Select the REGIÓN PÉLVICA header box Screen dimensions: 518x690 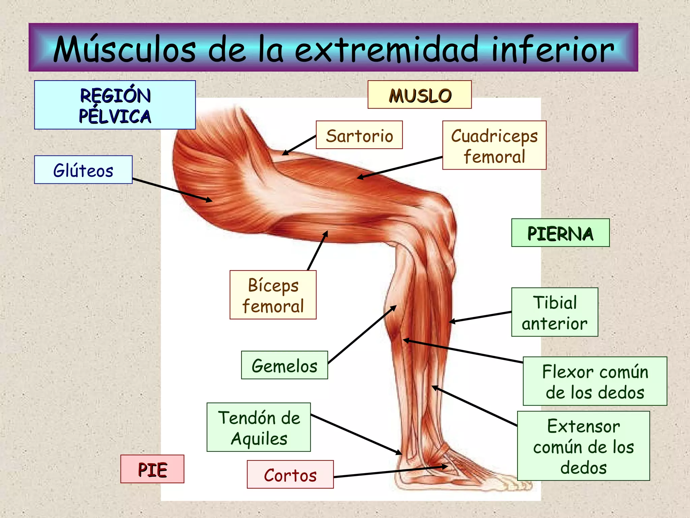point(115,105)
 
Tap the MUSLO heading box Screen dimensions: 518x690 point(419,95)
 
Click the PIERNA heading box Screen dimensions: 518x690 point(560,233)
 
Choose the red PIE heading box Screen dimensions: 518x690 point(152,469)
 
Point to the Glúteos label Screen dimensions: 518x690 point(83,170)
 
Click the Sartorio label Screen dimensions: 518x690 point(359,135)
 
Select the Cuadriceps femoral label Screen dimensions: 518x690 point(494,145)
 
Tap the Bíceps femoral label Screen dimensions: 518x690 point(273,295)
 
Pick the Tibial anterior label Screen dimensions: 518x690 point(555,312)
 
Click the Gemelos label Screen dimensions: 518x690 point(284,365)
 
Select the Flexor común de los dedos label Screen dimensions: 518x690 point(595,381)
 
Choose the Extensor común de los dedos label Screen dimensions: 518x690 point(584,446)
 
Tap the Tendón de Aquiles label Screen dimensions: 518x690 point(259,427)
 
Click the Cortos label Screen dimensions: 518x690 point(290,474)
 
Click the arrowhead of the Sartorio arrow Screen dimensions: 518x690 point(284,153)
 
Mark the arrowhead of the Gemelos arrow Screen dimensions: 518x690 point(395,307)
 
